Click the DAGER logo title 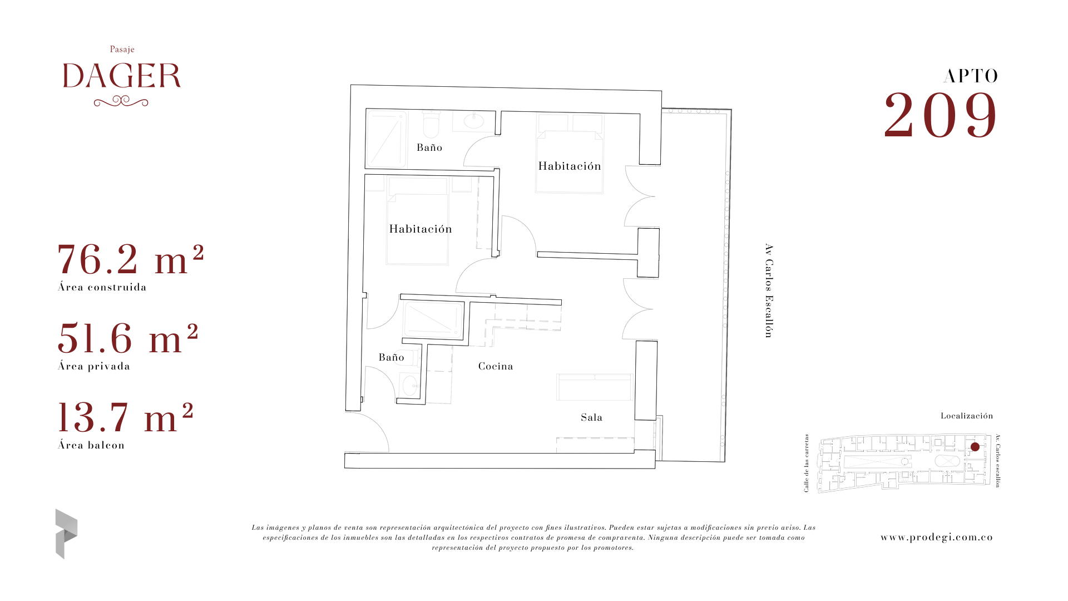click(122, 76)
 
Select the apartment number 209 click(941, 115)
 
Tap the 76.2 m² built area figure click(131, 259)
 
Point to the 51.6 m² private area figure click(128, 338)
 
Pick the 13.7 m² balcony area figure click(126, 417)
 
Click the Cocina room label click(496, 366)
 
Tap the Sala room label click(591, 417)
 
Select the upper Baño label click(429, 147)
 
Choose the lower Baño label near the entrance click(391, 357)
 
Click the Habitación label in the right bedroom click(570, 166)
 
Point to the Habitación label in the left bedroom click(421, 229)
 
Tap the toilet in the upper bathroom click(431, 124)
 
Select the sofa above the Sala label click(595, 387)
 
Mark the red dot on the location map click(975, 447)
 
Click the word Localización click(967, 416)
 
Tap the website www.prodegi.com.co click(937, 537)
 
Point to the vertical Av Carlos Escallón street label click(769, 290)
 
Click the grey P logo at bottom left click(66, 534)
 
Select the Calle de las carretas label click(807, 463)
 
